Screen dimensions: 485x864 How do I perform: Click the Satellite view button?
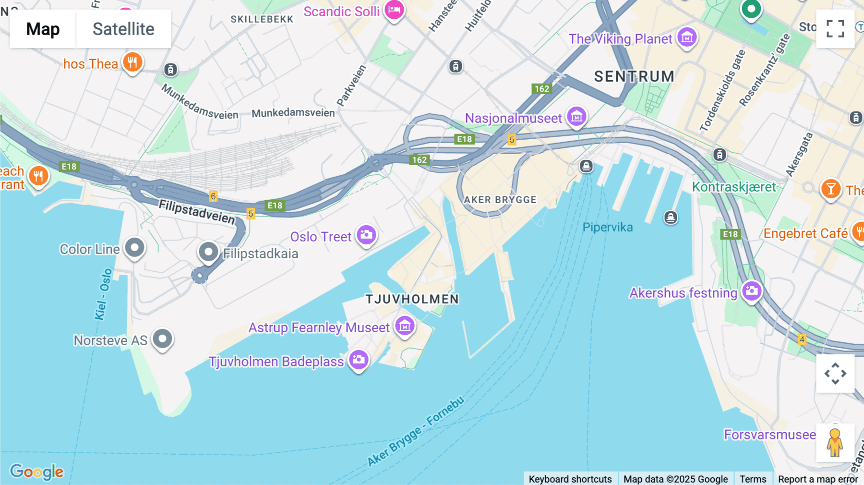coord(123,29)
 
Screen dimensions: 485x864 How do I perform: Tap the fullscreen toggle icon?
coord(835,29)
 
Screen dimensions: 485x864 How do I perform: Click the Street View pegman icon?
coord(835,442)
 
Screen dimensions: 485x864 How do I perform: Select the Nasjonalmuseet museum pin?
coord(576,117)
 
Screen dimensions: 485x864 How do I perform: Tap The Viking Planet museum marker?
coord(687,37)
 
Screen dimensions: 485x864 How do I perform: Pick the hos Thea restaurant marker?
coord(132,62)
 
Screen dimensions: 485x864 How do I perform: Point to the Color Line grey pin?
coord(134,248)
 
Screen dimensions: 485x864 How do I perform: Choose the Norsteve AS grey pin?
coord(162,339)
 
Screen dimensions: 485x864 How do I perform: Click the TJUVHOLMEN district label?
coord(412,299)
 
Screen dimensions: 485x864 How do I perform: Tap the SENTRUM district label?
coord(634,76)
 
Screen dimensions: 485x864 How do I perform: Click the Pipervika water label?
coord(607,227)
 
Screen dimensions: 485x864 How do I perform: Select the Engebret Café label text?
coord(805,233)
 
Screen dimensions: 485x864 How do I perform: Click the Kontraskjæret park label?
coord(733,187)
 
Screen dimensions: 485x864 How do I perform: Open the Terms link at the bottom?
coord(753,479)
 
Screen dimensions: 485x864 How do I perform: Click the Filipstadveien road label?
coord(197,212)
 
